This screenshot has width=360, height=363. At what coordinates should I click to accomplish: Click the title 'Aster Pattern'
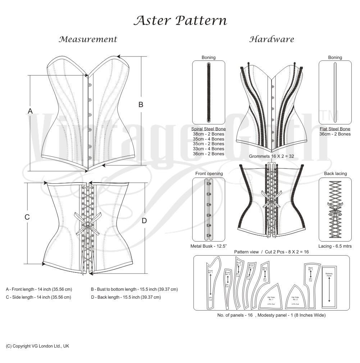(180, 20)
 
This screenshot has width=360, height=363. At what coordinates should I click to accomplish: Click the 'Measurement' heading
(88, 39)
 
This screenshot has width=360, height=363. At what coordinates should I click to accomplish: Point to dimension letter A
(30, 111)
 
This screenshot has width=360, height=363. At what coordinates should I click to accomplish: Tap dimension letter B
(141, 105)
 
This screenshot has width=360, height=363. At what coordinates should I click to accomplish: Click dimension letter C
(27, 217)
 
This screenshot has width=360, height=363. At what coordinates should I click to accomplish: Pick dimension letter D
(144, 221)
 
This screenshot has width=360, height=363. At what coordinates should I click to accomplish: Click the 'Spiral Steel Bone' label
(209, 129)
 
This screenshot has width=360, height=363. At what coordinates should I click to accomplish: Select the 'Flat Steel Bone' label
(335, 129)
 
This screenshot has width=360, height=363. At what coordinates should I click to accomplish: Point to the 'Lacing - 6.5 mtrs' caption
(335, 246)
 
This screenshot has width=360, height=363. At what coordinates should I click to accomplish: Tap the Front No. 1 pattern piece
(210, 284)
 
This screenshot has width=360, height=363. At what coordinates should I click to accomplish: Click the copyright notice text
(37, 346)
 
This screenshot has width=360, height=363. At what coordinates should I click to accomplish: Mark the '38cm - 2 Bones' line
(209, 134)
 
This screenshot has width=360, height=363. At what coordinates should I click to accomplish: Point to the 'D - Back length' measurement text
(126, 297)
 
